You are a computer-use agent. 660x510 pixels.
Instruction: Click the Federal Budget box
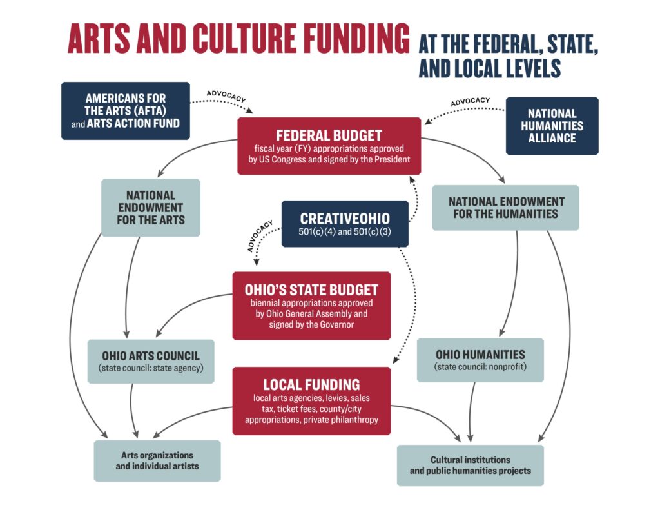[x=329, y=146]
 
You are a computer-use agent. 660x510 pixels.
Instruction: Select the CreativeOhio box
[x=345, y=224]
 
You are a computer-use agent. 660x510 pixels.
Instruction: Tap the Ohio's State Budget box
[x=311, y=305]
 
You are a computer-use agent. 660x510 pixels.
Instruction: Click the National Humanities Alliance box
[x=552, y=126]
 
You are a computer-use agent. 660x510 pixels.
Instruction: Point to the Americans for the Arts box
[x=125, y=110]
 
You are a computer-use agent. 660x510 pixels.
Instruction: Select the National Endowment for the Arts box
[x=150, y=206]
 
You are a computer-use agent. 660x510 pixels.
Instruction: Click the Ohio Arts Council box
[x=150, y=361]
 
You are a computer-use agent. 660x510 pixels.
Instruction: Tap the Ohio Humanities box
[x=480, y=360]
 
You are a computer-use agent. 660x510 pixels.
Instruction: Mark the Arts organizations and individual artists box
[x=157, y=460]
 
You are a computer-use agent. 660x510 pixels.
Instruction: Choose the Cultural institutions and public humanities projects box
[x=470, y=465]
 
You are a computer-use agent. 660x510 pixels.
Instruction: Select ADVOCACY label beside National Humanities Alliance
[x=470, y=101]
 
